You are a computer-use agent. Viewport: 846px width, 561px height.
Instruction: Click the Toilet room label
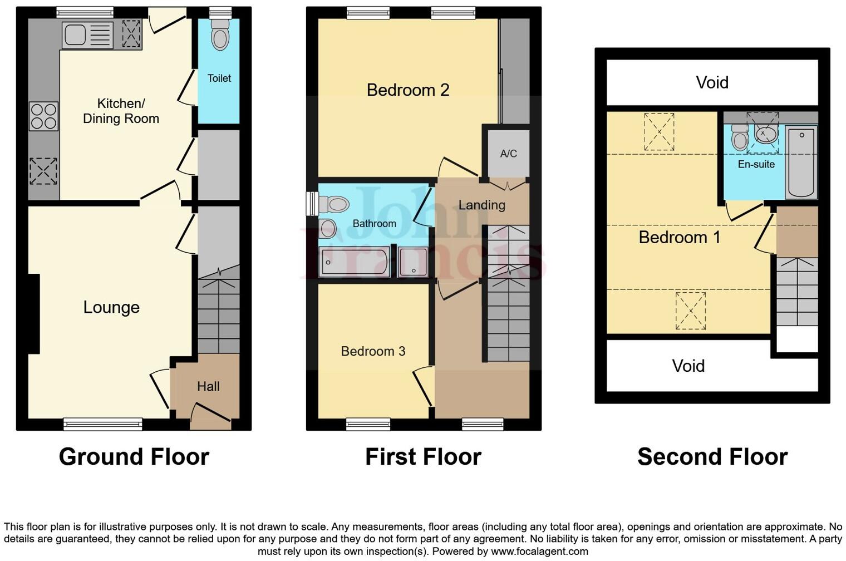(219, 78)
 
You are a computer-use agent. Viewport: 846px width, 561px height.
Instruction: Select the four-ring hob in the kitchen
(43, 116)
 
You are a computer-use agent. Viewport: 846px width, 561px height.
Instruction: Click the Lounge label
(111, 307)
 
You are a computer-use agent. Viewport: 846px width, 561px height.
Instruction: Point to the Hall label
(208, 386)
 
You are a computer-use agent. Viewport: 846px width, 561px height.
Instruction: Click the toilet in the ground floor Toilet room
(220, 37)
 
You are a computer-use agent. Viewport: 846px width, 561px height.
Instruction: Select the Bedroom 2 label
(407, 90)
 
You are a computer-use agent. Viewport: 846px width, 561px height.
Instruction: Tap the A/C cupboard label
(508, 154)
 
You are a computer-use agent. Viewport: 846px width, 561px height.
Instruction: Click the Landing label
(481, 205)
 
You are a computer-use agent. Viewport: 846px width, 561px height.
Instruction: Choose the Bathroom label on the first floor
(374, 224)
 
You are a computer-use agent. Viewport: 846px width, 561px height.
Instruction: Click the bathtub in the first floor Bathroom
(354, 263)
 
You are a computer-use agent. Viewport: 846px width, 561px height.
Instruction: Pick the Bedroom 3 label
(373, 351)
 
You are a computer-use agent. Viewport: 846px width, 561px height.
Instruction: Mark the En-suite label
(756, 164)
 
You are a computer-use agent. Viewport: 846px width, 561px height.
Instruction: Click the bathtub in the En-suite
(801, 162)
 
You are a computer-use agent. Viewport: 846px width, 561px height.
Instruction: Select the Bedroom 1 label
(679, 238)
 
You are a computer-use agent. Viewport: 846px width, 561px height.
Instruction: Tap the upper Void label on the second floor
(712, 83)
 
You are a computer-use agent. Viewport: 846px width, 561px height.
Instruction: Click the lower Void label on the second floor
(688, 366)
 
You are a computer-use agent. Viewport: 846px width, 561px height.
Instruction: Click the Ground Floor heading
(134, 457)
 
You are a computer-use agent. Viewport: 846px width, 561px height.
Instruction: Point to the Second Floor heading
(712, 457)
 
